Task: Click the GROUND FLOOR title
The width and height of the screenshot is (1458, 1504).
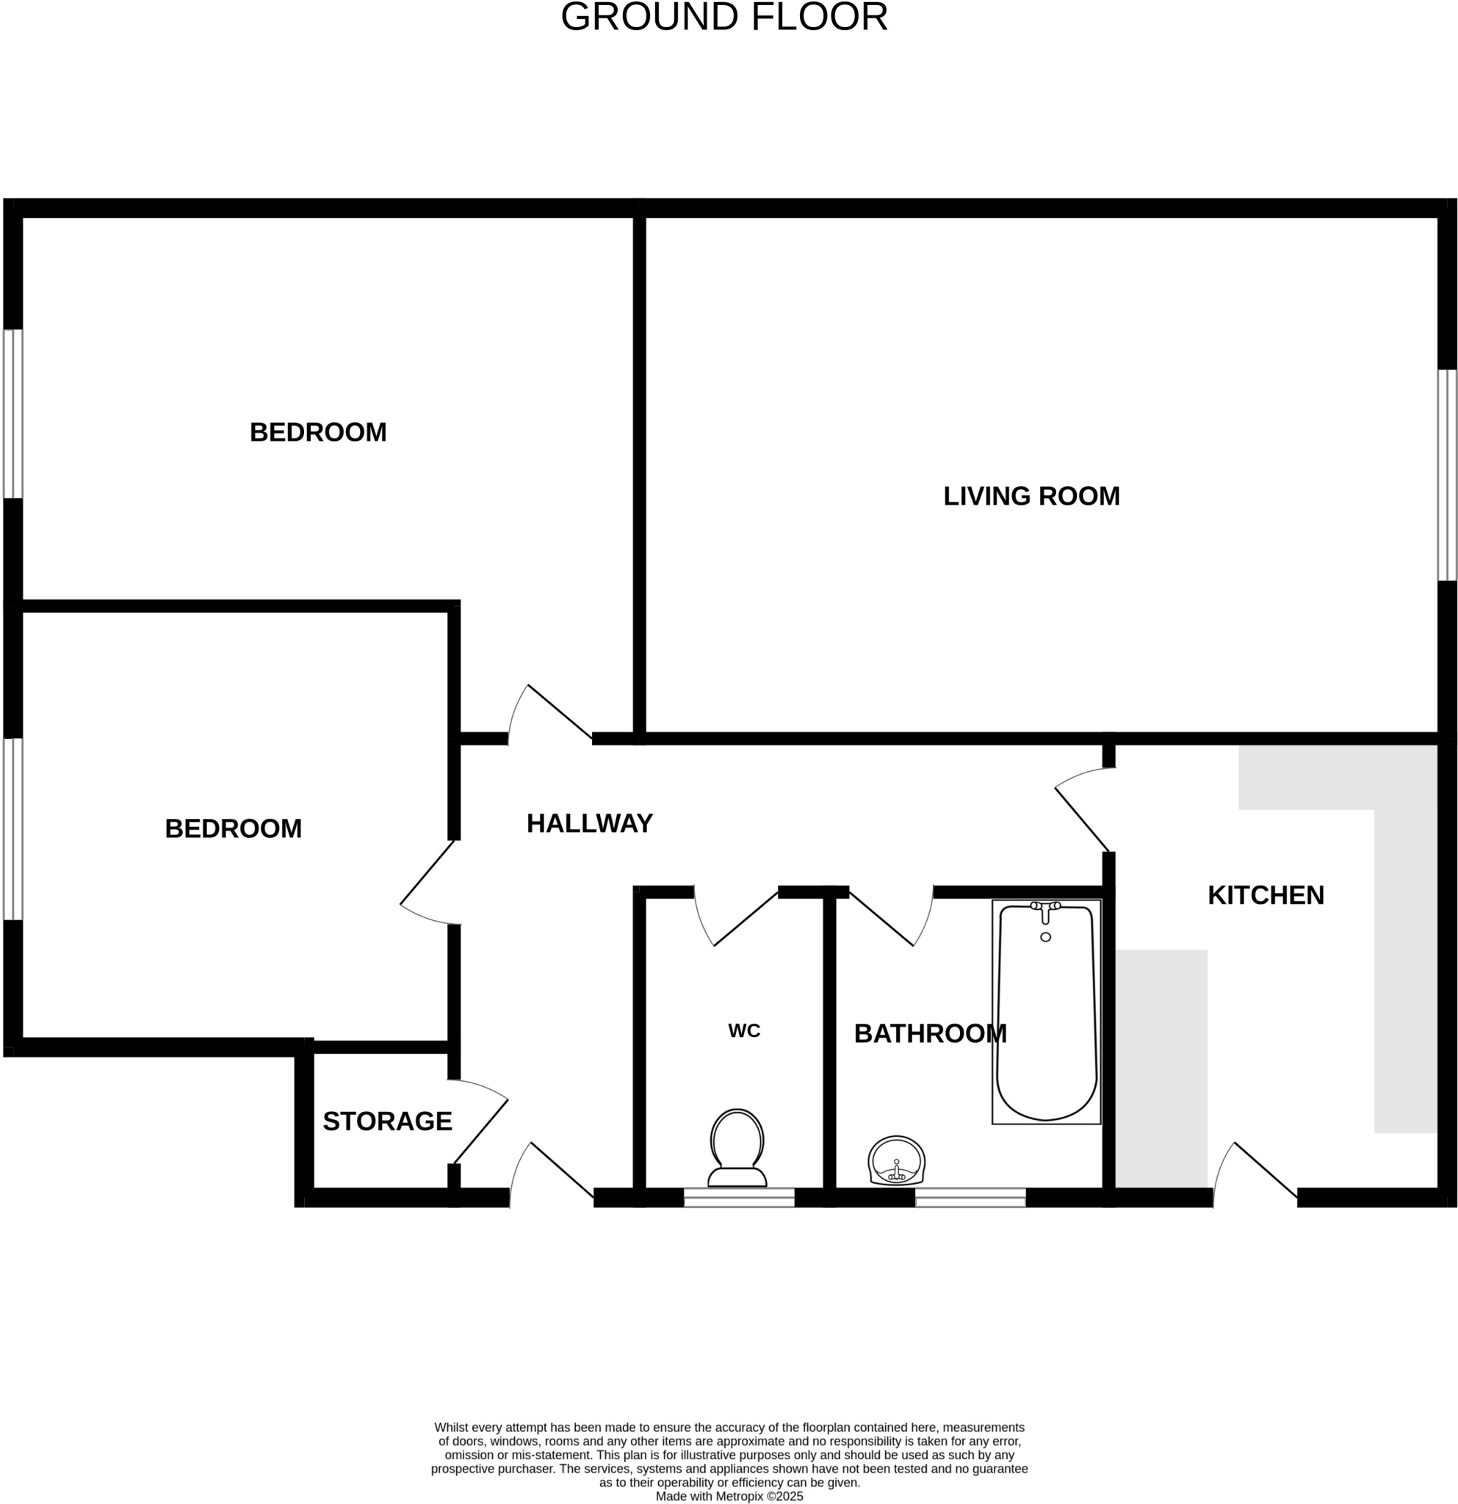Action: coord(723,17)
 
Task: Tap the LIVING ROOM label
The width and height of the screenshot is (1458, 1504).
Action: coord(1031,496)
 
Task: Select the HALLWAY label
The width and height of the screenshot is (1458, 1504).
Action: coord(589,823)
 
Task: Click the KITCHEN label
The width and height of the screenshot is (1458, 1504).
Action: coord(1266,895)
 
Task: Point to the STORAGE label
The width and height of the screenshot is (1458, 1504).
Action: coord(387,1122)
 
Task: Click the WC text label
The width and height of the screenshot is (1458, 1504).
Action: coord(743,1031)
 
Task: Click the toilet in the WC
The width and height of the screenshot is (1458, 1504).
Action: coord(737,1148)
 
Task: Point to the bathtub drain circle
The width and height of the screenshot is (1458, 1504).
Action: coord(1045,937)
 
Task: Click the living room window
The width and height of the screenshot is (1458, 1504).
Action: coord(1446,476)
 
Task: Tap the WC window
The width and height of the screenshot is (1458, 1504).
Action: coord(739,1197)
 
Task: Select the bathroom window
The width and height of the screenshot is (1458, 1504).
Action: coord(970,1197)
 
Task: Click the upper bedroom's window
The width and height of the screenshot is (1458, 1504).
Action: coord(12,414)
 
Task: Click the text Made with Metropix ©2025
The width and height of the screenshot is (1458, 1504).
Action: coord(729,1497)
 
